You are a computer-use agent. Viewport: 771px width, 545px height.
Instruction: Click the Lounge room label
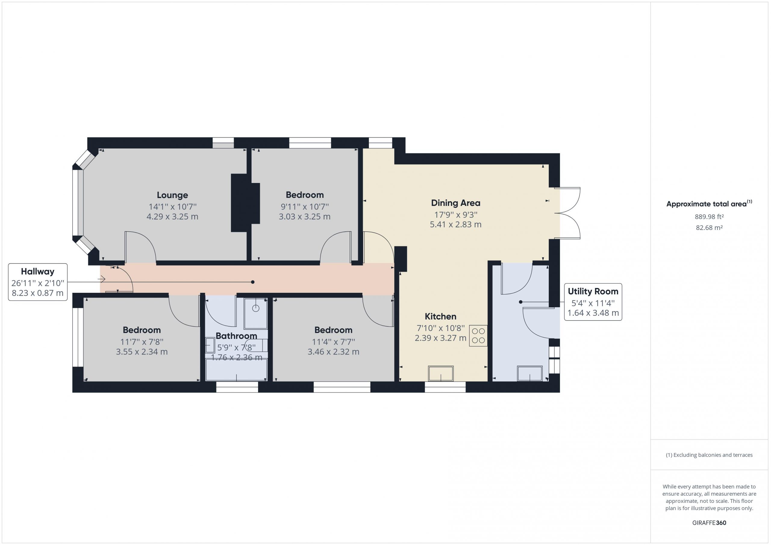(x=172, y=195)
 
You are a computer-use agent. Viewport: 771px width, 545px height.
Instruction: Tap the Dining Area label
(x=455, y=203)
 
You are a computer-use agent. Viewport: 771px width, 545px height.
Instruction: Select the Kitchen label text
(x=440, y=317)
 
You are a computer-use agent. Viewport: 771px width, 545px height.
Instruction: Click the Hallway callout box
(x=38, y=282)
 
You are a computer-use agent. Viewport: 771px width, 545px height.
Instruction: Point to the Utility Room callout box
(x=593, y=302)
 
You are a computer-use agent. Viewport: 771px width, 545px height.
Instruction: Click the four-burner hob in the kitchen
(x=478, y=336)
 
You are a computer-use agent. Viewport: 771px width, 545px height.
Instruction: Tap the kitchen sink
(x=441, y=374)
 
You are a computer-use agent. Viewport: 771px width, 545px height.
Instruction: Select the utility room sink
(x=530, y=373)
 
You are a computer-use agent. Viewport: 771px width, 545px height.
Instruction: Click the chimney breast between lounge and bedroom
(x=245, y=203)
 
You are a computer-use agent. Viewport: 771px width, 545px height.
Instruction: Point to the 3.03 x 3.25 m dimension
(x=304, y=217)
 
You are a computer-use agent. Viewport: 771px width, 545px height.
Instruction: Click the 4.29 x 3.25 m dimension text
(x=172, y=217)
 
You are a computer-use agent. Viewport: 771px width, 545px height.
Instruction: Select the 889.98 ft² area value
(x=709, y=217)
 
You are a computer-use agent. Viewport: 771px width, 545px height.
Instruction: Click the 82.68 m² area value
(x=709, y=228)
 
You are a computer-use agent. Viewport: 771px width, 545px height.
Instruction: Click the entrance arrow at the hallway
(x=102, y=279)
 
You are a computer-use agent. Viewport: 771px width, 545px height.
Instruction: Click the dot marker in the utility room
(x=521, y=302)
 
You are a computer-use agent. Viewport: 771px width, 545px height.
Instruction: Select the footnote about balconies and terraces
(x=709, y=455)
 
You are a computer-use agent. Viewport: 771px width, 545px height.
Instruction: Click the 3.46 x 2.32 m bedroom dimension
(x=333, y=352)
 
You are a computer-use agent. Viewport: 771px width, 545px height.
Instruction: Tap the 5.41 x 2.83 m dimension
(x=456, y=225)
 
